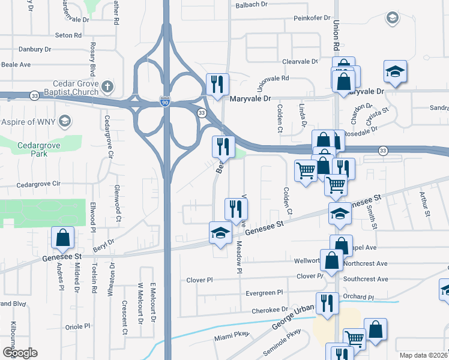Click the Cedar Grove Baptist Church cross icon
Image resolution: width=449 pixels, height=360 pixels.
(107, 87)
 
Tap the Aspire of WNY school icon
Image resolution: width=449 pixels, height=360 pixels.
(64, 122)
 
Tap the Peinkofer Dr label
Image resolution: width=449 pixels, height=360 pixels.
(312, 19)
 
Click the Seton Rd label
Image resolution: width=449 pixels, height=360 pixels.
(68, 35)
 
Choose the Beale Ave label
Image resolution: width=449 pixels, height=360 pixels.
(16, 64)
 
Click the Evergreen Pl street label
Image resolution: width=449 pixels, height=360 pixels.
(264, 293)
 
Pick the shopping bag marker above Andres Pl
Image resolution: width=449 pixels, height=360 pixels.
(62, 238)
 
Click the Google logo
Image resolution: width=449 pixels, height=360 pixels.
(20, 352)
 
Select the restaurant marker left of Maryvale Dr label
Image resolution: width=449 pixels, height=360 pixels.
(217, 84)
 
